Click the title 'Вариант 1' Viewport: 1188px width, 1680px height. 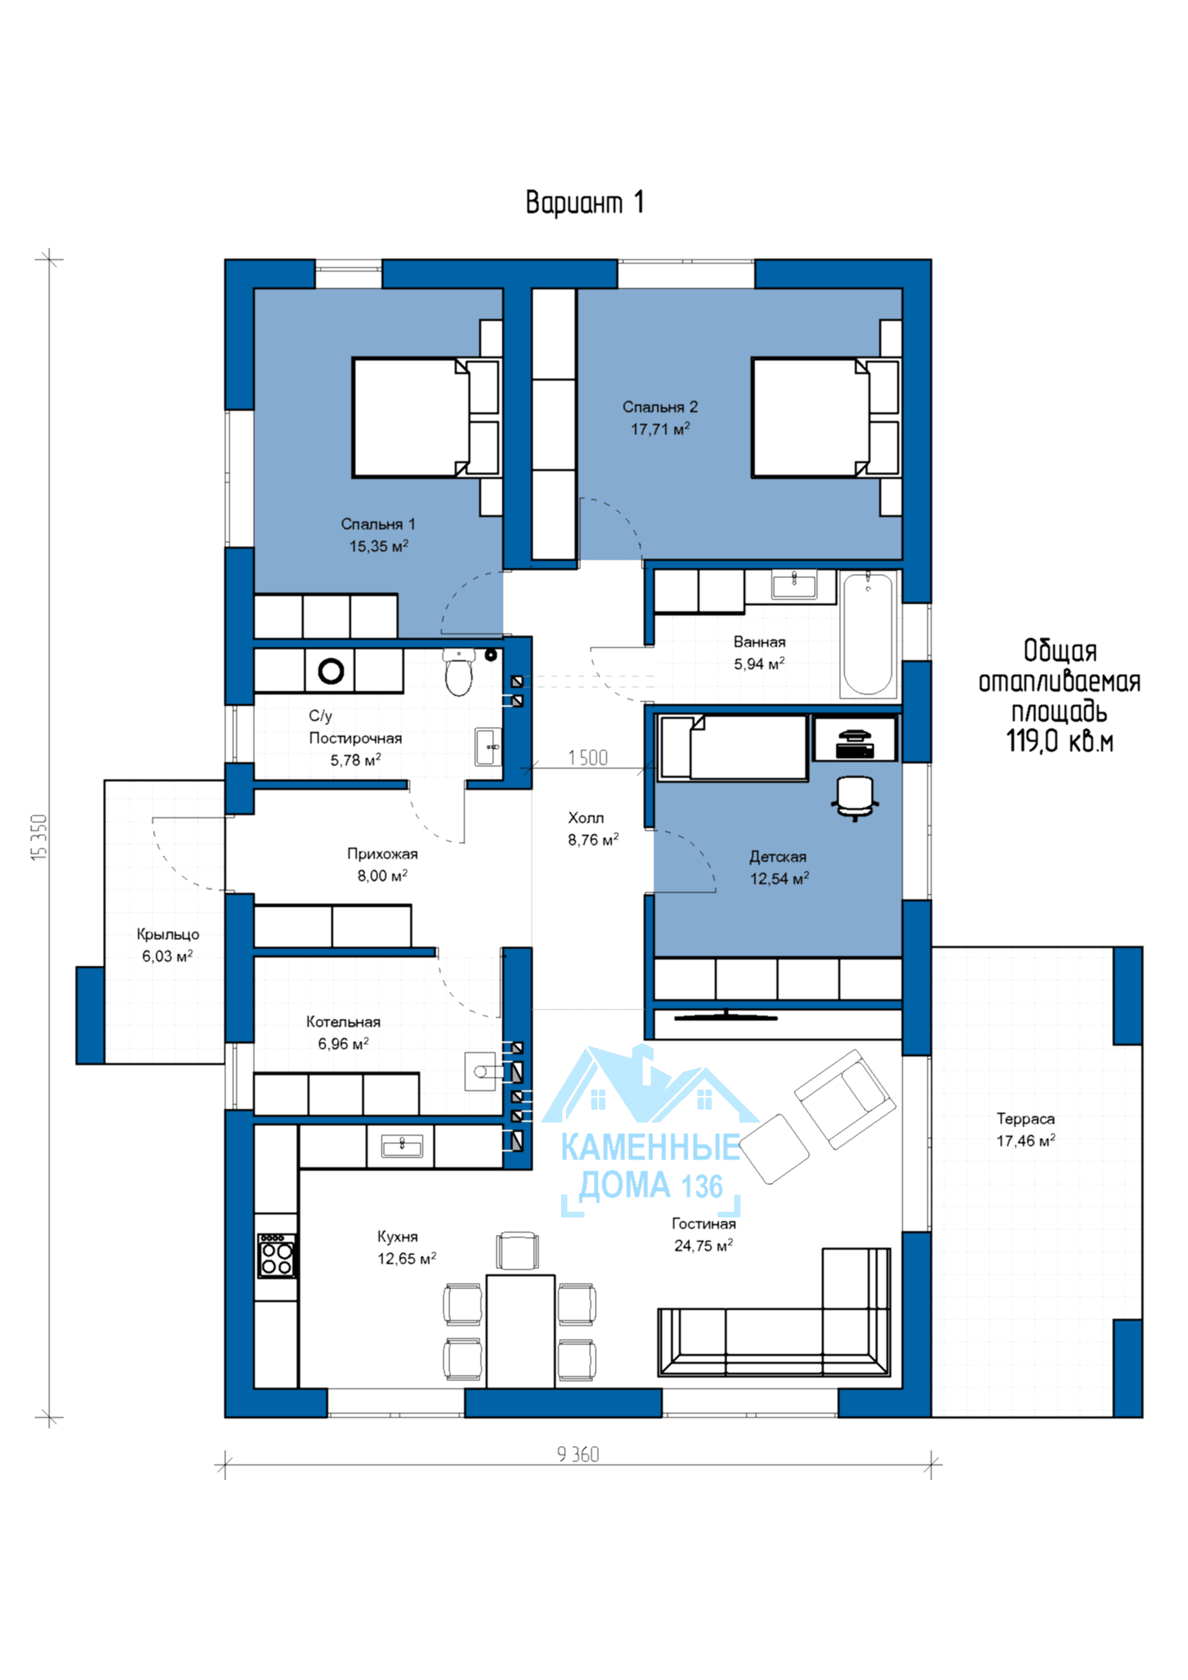click(585, 203)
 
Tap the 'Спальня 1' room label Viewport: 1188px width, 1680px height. click(378, 524)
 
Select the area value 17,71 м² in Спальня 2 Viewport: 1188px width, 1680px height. click(660, 429)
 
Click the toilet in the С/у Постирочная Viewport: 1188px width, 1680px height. click(459, 672)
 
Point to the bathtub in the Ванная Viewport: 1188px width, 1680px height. click(868, 634)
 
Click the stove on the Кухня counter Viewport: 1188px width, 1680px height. click(277, 1256)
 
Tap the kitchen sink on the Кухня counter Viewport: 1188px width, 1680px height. click(402, 1146)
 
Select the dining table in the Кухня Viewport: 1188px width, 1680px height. click(520, 1330)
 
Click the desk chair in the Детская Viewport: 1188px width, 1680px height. click(855, 797)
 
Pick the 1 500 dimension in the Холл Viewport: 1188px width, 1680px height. click(588, 757)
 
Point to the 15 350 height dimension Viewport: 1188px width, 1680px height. click(40, 837)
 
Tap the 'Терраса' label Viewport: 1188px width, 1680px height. click(1026, 1118)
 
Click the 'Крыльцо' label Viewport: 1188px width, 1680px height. click(167, 934)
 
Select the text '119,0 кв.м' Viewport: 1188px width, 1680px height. click(1059, 741)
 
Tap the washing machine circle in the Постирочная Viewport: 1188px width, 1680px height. click(330, 670)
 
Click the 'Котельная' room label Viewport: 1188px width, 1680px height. click(343, 1021)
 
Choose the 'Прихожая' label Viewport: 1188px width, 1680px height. click(383, 854)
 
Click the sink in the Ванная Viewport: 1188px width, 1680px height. click(794, 586)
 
